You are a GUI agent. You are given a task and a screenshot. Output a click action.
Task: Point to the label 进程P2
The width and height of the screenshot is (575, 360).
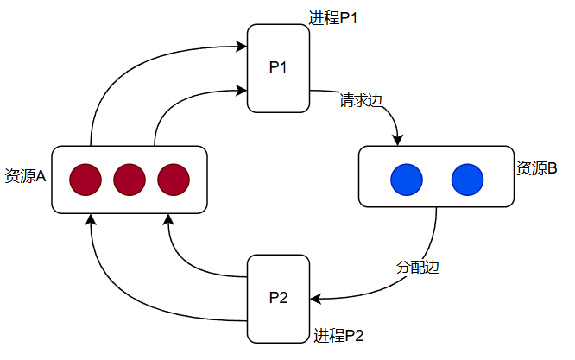coord(338,336)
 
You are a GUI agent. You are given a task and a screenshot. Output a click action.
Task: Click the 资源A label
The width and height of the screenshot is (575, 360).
coord(25,176)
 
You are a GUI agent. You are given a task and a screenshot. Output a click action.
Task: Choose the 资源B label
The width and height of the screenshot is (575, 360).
coord(537,168)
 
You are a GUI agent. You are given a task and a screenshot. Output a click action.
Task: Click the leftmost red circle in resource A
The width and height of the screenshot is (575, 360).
coord(85,180)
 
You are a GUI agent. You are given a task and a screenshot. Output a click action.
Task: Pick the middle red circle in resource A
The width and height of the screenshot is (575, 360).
coord(130,180)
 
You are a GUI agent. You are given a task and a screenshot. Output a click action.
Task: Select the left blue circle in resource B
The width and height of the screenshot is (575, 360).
coord(406,179)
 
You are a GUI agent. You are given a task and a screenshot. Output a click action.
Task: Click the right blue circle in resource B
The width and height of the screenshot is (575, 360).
coord(466,179)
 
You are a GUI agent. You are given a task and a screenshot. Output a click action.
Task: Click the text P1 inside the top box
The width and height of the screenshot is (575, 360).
coord(278,68)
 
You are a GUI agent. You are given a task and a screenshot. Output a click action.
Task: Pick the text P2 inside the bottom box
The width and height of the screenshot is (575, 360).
coord(278,299)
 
